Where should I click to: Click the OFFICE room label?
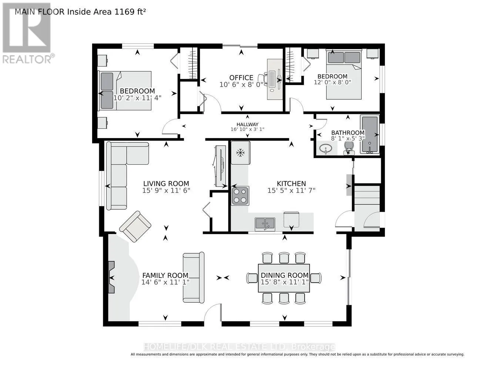point(241,78)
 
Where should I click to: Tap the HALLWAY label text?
point(247,124)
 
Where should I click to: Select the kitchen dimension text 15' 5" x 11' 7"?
point(291,191)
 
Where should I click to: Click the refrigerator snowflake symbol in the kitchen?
point(240,152)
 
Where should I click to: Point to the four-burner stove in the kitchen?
point(240,196)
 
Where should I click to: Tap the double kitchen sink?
point(265,224)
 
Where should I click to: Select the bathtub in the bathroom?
point(370,134)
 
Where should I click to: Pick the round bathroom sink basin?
point(326,148)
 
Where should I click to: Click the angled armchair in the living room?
point(135,226)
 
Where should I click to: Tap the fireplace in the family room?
point(111,277)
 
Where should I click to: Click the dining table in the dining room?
point(284,278)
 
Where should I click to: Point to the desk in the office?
point(275,79)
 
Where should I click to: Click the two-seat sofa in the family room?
point(194,277)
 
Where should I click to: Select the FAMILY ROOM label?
point(165,276)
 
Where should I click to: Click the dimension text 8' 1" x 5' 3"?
point(348,138)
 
